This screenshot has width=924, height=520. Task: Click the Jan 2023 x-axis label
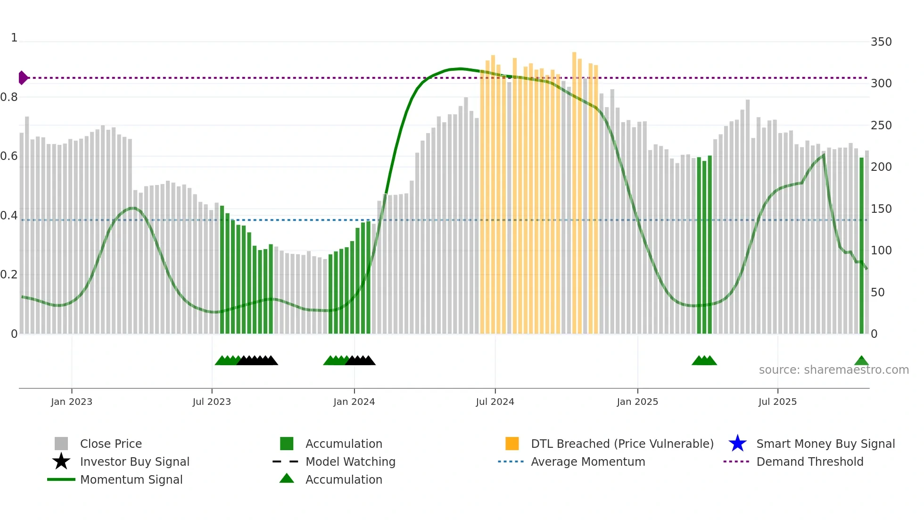click(72, 402)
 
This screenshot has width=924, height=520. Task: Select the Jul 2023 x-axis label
click(212, 402)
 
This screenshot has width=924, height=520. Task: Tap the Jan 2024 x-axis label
click(354, 402)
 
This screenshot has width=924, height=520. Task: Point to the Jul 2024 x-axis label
click(495, 402)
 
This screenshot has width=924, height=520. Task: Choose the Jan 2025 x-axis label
click(637, 402)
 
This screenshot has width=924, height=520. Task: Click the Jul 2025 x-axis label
click(777, 402)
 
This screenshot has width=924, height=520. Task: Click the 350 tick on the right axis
click(881, 42)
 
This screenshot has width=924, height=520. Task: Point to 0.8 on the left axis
click(9, 97)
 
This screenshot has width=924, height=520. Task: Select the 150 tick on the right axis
click(881, 209)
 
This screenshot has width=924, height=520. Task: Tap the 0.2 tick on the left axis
click(9, 275)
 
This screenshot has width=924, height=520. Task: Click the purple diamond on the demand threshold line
click(23, 78)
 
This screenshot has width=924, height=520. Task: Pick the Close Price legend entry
click(111, 444)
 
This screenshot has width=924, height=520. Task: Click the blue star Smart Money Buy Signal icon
click(737, 444)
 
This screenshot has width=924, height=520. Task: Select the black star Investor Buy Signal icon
click(61, 461)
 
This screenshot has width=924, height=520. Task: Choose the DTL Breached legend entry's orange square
click(512, 444)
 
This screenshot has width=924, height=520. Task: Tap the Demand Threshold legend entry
click(809, 461)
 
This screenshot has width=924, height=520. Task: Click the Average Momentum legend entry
click(588, 461)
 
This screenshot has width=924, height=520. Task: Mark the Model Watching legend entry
click(350, 461)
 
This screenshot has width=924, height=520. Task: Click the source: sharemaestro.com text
click(833, 370)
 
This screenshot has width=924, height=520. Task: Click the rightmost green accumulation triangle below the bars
click(861, 361)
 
